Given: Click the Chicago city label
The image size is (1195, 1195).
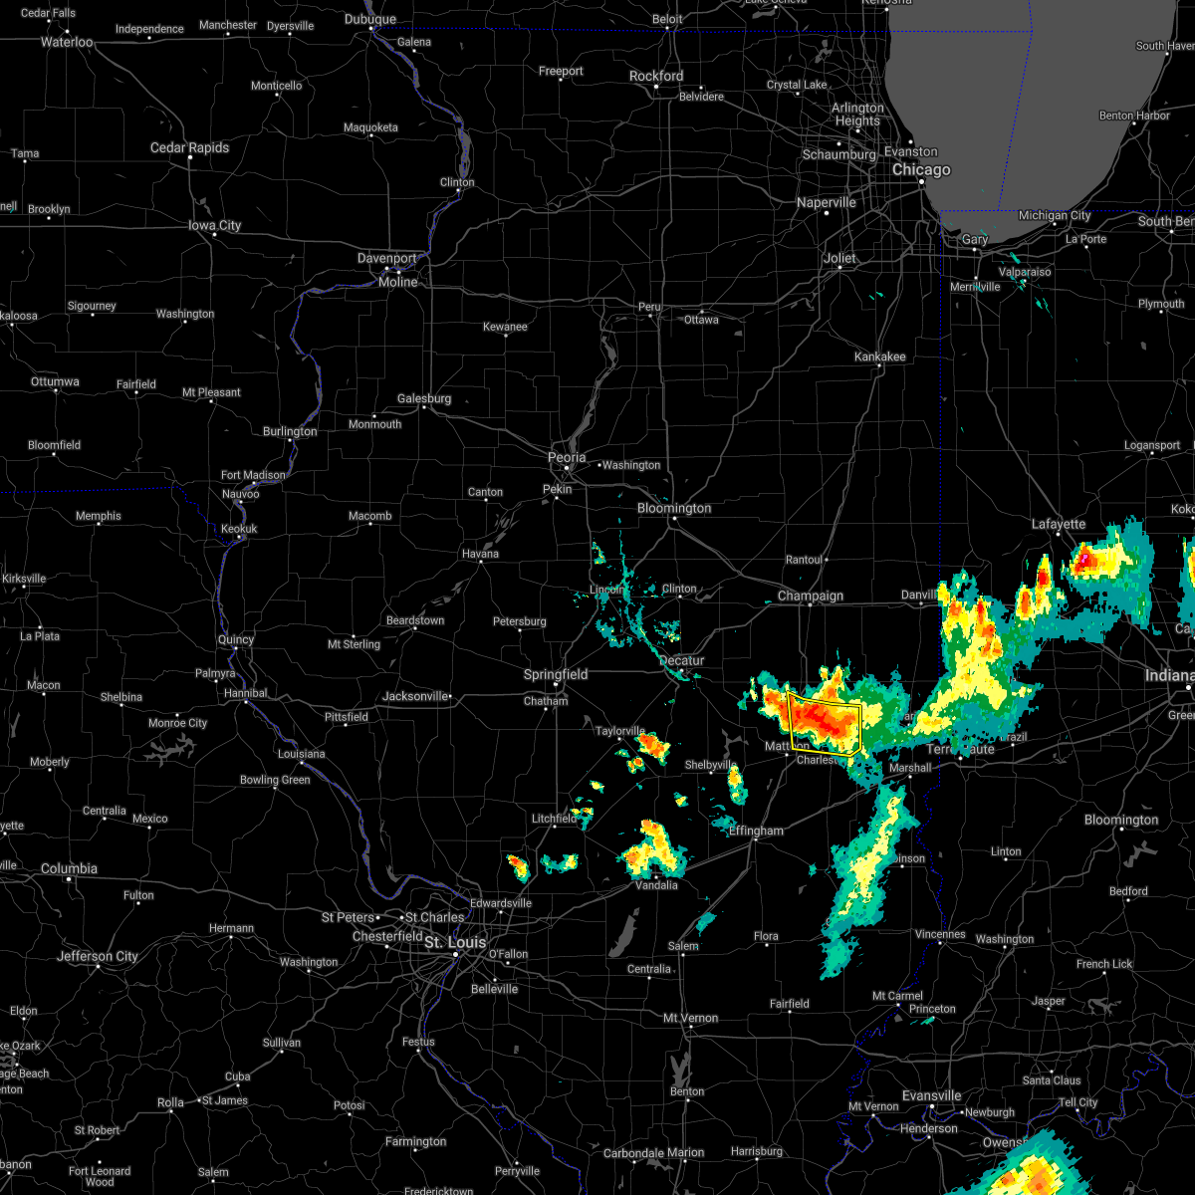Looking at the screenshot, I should (921, 170).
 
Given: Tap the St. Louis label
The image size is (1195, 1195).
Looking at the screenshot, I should (455, 942).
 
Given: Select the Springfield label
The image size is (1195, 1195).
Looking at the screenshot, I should (556, 675).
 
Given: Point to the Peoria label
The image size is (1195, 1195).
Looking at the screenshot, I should (567, 458).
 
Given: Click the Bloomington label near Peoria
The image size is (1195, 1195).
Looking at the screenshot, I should (674, 509).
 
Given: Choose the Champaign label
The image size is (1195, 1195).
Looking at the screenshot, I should (811, 597).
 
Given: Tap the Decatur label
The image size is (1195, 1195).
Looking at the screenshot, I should (681, 661).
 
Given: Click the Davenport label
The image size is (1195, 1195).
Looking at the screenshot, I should (386, 259).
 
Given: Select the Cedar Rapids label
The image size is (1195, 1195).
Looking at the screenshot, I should (189, 148).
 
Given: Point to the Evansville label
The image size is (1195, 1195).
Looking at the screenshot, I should (931, 1096).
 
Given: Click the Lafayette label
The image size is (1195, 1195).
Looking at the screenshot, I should (1059, 525).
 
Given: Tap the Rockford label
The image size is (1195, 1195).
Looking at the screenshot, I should (656, 77).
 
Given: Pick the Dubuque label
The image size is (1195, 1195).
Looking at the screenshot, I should (369, 20).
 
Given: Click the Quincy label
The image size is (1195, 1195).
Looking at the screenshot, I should (236, 640).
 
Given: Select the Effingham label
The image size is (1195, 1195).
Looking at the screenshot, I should (756, 831).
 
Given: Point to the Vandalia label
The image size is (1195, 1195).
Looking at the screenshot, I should (656, 885).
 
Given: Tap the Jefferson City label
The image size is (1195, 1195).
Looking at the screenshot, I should (98, 957).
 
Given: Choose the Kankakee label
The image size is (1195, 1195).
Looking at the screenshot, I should (880, 357).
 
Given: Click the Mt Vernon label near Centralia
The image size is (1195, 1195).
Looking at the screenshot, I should (691, 1019).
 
